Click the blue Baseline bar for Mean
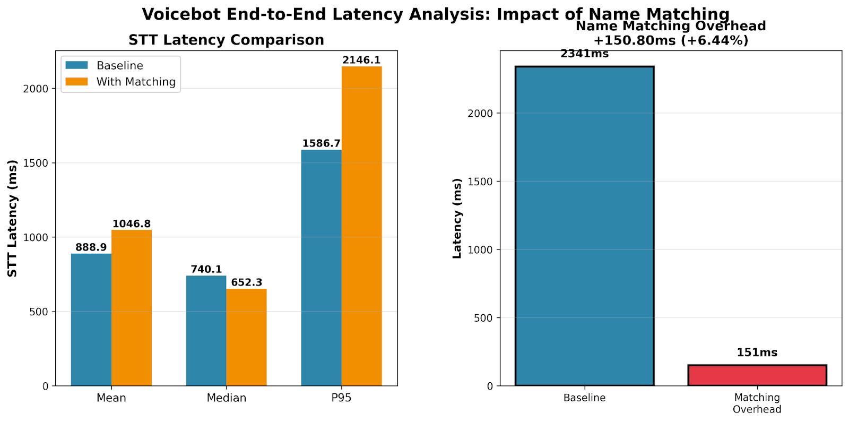pos(91,320)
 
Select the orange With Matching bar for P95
pos(361,226)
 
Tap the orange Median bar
pos(246,337)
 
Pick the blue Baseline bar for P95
pos(321,268)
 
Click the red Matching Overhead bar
pos(757,375)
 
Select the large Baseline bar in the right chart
pos(584,226)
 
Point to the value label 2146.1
pos(361,60)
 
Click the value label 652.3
pos(246,282)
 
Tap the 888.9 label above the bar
pos(91,247)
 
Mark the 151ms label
pos(757,352)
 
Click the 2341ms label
pos(584,54)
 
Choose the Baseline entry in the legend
pos(119,65)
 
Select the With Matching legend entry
pos(135,82)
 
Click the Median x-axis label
pos(227,398)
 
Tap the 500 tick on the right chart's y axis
pos(482,318)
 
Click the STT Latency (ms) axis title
pos(12,218)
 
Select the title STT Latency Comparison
pos(226,40)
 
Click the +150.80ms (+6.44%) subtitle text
pos(671,40)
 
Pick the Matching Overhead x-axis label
pos(757,403)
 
